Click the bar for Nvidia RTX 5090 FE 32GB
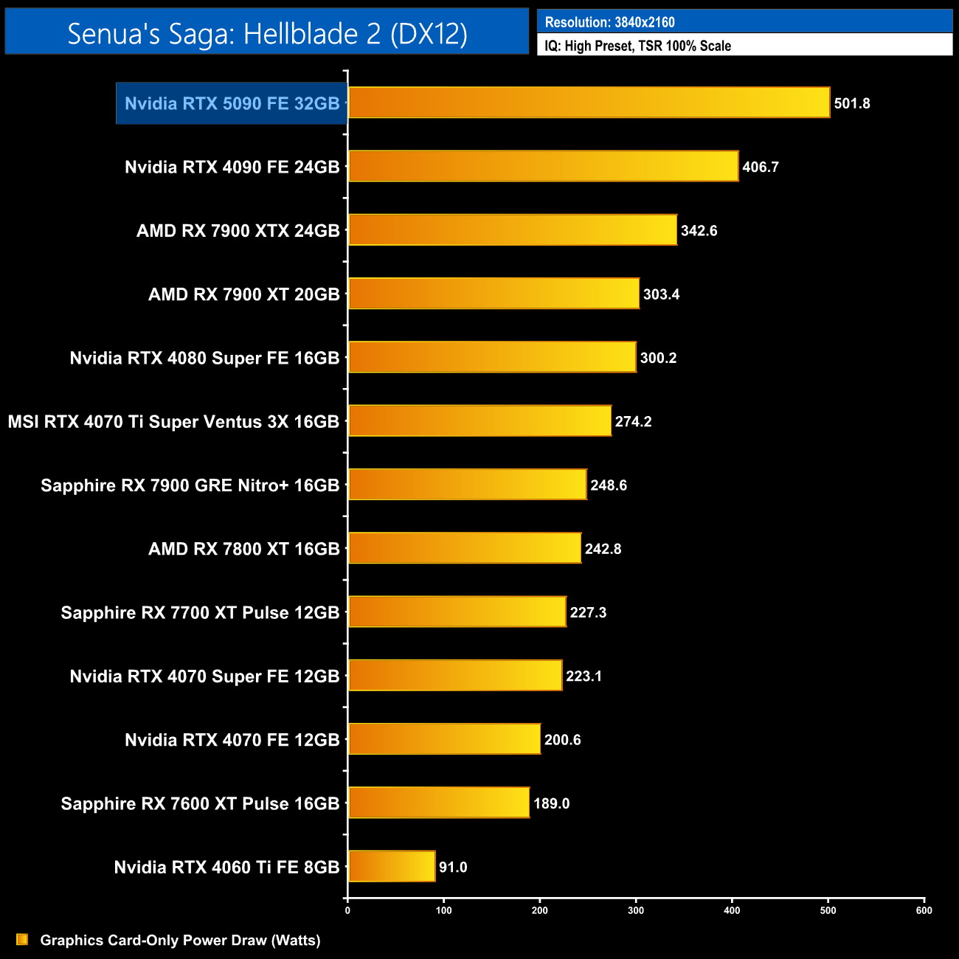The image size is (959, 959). [589, 103]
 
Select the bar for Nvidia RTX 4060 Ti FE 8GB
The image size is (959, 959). [392, 866]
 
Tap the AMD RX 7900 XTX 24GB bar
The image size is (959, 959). [513, 229]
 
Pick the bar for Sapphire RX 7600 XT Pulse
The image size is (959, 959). [439, 803]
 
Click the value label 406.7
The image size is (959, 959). [761, 167]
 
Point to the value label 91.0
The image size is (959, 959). [453, 867]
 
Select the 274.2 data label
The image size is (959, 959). [633, 421]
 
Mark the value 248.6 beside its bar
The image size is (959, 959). [609, 485]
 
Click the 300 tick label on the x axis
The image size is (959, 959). [636, 910]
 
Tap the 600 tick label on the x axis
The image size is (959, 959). [924, 910]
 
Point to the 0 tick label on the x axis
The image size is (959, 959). [347, 910]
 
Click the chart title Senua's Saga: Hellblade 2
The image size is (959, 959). [267, 33]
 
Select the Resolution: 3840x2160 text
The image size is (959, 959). [609, 22]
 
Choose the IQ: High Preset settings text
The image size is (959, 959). [637, 46]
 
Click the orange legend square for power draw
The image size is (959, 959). [22, 939]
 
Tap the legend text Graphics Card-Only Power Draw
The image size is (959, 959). [180, 940]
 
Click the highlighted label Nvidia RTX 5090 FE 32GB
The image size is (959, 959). [232, 103]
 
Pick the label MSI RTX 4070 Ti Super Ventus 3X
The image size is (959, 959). [173, 422]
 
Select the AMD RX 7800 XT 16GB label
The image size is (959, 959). [243, 549]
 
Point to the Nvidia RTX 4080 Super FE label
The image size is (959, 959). [204, 358]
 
